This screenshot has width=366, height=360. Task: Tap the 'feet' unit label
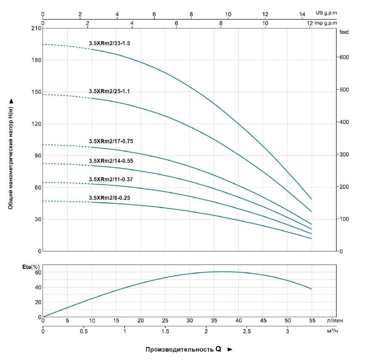click(x=344, y=32)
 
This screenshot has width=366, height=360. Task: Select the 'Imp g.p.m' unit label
click(x=325, y=23)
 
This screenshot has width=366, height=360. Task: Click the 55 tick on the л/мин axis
click(x=312, y=321)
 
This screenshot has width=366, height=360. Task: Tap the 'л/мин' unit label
click(x=334, y=321)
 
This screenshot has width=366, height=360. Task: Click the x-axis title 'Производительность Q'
click(x=183, y=349)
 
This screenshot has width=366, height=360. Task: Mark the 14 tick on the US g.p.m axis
click(x=302, y=14)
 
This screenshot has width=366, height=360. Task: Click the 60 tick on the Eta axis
click(x=38, y=273)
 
